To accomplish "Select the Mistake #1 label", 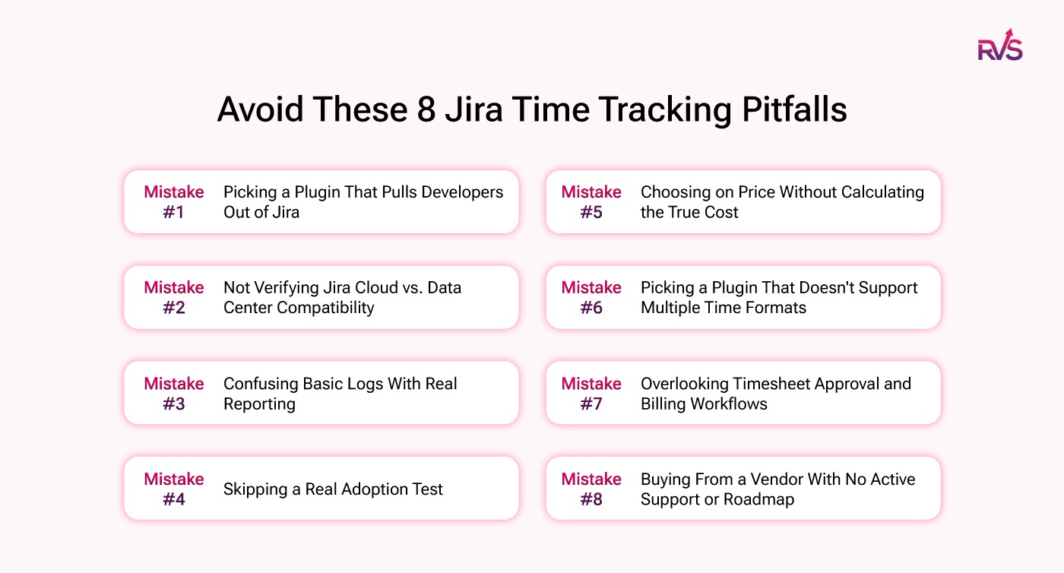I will tap(174, 201).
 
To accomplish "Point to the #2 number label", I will tap(174, 308).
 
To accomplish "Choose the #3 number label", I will tap(174, 404).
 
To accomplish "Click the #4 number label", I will tap(174, 499).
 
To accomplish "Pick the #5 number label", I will tap(591, 212).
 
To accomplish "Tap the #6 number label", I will tap(591, 308).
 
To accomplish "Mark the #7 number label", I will tap(591, 404).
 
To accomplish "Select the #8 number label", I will tap(591, 499).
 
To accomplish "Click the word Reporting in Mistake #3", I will tap(259, 404).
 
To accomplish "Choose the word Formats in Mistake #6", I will tap(775, 308).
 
